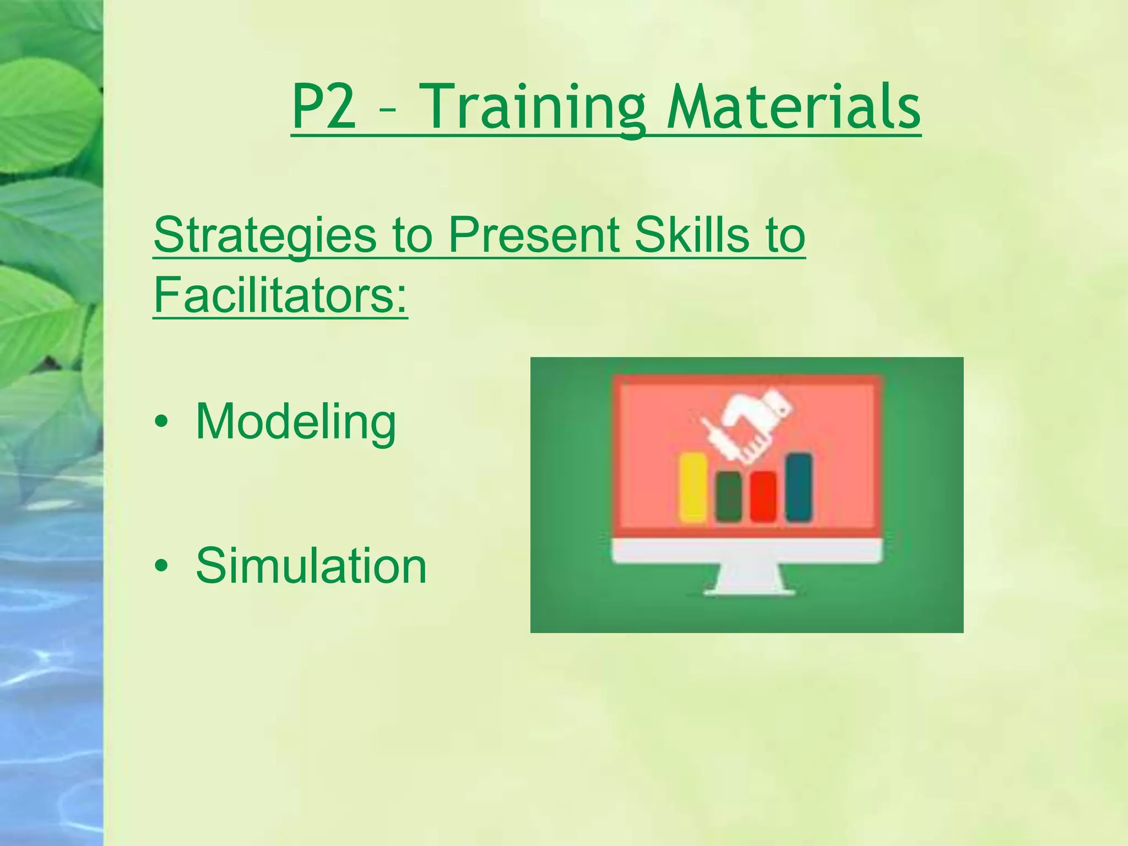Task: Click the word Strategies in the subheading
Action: click(x=264, y=236)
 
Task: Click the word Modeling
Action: click(x=295, y=422)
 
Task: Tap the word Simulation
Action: click(x=311, y=566)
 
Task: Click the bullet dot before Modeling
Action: click(x=161, y=422)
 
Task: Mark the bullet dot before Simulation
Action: click(x=161, y=566)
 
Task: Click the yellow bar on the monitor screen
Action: click(x=693, y=488)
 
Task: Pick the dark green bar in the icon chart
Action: click(x=728, y=496)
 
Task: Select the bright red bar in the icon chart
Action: click(x=763, y=496)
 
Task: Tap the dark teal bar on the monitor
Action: click(x=798, y=487)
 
